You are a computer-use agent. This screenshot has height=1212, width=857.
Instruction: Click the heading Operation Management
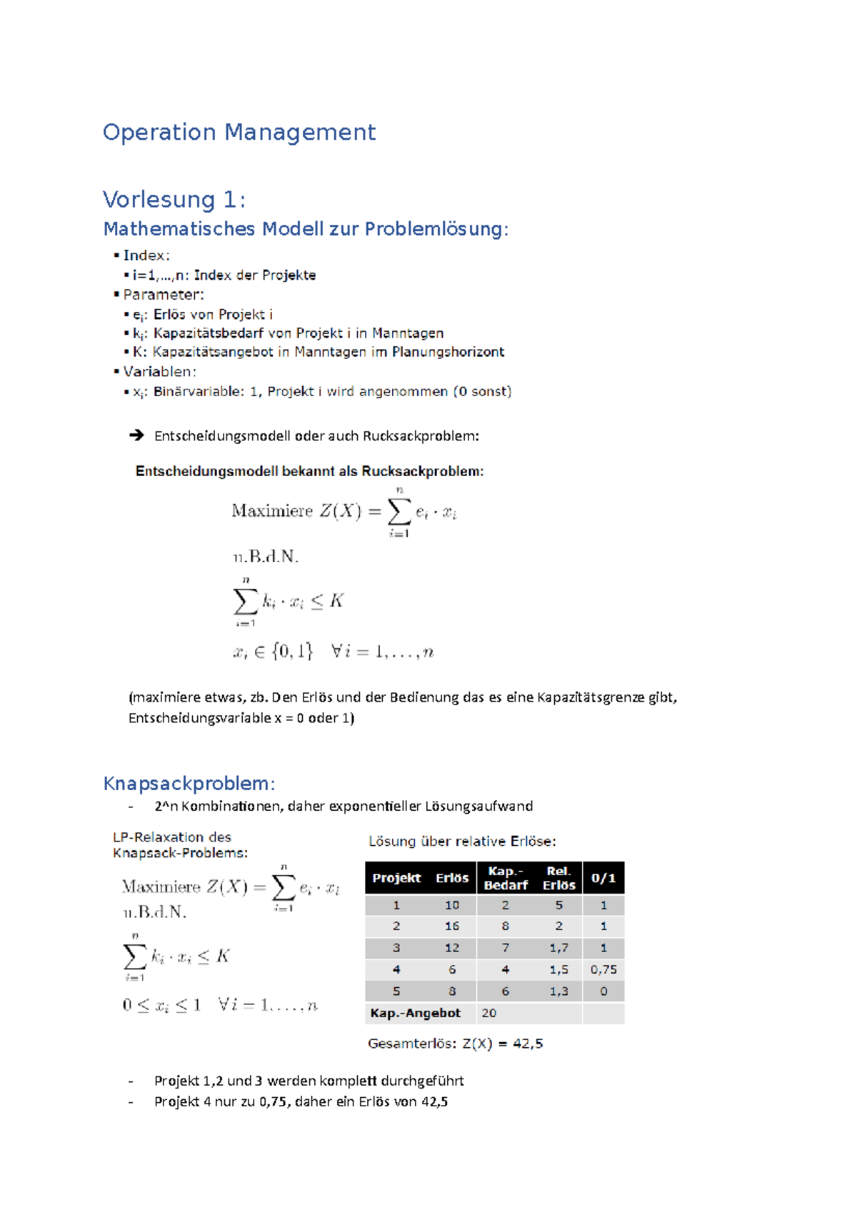[x=239, y=132]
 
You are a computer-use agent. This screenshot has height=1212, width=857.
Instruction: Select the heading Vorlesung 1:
[x=174, y=199]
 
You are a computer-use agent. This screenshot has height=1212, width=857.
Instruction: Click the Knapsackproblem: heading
[x=189, y=783]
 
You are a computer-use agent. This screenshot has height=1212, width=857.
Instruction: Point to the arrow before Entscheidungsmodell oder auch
[x=136, y=435]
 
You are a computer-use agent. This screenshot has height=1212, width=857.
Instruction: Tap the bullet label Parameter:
[x=163, y=294]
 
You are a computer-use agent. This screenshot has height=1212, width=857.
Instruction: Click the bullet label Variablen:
[x=159, y=371]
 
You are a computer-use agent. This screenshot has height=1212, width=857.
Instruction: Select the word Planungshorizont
[x=448, y=352]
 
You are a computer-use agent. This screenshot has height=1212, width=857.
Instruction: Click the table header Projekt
[x=396, y=878]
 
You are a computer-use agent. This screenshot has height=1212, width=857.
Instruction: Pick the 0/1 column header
[x=603, y=878]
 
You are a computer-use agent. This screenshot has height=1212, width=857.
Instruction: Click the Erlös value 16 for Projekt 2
[x=452, y=926]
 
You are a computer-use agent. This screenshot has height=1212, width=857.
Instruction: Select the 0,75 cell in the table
[x=603, y=969]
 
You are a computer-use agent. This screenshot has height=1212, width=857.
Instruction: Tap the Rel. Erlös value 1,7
[x=558, y=948]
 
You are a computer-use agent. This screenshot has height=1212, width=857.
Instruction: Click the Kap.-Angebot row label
[x=415, y=1013]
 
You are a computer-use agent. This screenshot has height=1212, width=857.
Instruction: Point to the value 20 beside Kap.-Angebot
[x=488, y=1013]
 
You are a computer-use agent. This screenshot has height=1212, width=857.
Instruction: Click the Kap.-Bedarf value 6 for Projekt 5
[x=505, y=991]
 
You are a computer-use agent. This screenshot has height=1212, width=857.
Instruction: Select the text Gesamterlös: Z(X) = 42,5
[x=455, y=1043]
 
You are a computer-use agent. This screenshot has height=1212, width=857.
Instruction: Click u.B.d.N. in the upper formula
[x=266, y=556]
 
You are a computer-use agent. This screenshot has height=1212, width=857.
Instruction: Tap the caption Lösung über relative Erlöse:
[x=461, y=841]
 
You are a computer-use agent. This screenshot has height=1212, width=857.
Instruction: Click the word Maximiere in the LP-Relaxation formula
[x=161, y=887]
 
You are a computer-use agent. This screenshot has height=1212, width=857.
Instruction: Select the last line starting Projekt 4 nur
[x=301, y=1101]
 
